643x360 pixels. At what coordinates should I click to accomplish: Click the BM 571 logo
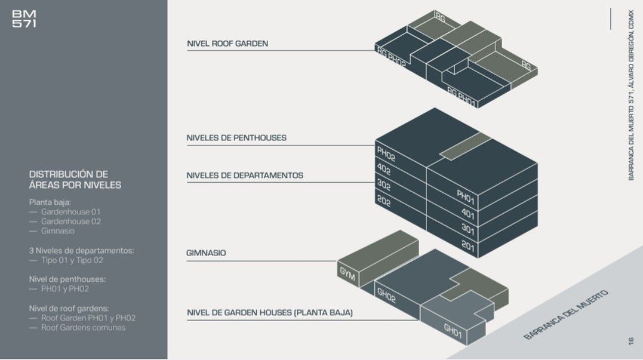tap(24, 19)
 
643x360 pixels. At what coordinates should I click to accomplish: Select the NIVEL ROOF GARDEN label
tap(227, 44)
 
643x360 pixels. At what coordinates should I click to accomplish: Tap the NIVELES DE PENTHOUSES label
tap(236, 138)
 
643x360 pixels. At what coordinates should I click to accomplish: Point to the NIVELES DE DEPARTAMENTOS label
tap(245, 176)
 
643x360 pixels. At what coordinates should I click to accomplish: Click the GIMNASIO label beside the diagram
tap(206, 253)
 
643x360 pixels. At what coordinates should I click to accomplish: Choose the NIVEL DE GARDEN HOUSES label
tap(270, 312)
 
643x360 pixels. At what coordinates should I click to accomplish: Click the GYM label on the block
tap(347, 274)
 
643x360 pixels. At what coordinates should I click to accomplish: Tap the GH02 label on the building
tap(386, 295)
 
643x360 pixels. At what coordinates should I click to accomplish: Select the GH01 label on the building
tap(453, 331)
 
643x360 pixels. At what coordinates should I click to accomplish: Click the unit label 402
tap(384, 169)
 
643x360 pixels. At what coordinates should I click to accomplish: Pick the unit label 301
tap(467, 229)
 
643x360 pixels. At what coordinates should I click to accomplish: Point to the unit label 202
tap(384, 201)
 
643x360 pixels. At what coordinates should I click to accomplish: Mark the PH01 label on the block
tap(466, 197)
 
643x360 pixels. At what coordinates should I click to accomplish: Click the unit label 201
tap(467, 245)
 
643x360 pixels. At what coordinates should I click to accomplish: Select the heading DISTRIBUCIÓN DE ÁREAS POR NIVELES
tap(75, 180)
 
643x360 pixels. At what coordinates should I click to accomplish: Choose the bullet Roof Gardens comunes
tap(78, 328)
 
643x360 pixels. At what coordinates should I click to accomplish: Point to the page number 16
tap(630, 341)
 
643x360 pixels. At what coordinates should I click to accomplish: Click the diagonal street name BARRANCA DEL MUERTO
tap(566, 315)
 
